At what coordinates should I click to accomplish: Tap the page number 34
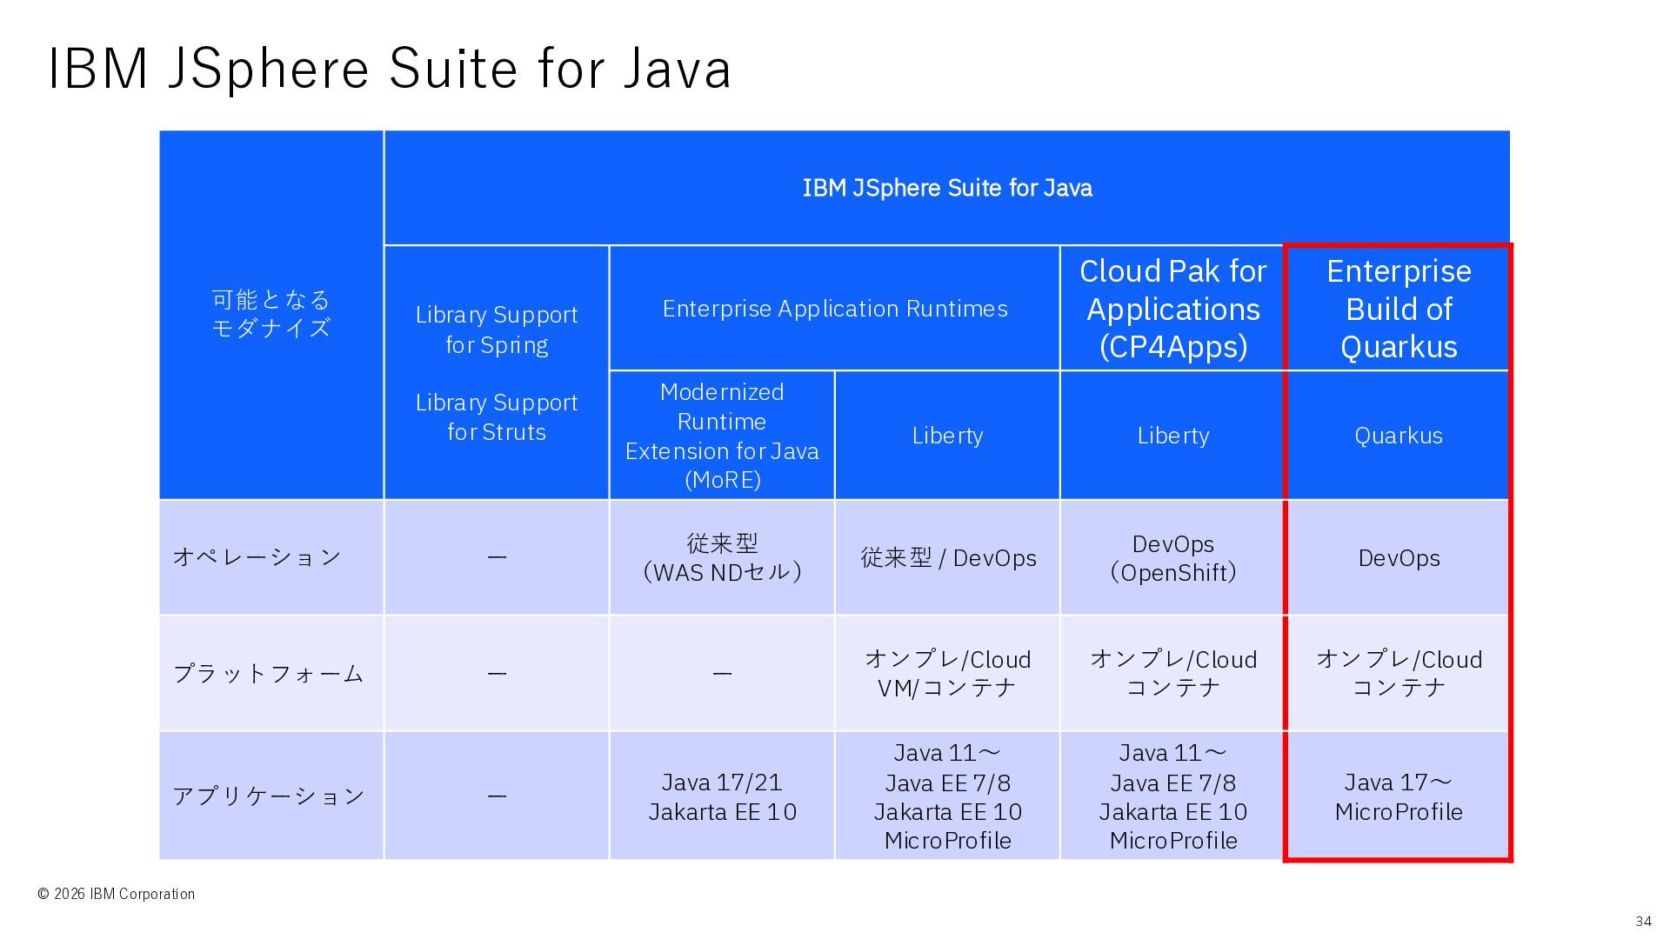tap(1643, 922)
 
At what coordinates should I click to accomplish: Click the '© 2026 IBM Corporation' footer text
tap(116, 894)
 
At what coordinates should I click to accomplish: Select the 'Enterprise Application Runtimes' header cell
tap(835, 309)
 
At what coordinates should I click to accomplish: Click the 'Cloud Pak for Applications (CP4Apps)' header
tap(1172, 309)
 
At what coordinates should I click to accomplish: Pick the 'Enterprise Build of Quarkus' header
tap(1399, 309)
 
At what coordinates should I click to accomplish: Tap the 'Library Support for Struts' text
tap(497, 417)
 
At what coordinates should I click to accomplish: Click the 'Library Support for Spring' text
tap(497, 330)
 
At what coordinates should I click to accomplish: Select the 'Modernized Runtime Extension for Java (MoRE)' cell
tap(722, 436)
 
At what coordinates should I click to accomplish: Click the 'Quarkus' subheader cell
tap(1399, 436)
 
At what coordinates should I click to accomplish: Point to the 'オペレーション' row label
tap(257, 556)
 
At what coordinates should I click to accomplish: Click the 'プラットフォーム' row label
tap(268, 673)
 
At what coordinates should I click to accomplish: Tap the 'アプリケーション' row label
tap(268, 796)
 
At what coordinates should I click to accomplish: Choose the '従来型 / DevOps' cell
tap(948, 558)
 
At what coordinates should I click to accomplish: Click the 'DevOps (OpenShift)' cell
tap(1172, 558)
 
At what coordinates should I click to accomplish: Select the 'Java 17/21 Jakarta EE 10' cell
tap(722, 796)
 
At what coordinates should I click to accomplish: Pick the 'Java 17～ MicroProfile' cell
tap(1399, 796)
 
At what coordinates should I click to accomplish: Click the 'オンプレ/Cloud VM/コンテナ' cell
tap(948, 673)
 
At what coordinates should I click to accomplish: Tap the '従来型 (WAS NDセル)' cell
tap(722, 557)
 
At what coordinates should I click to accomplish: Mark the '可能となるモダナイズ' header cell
tap(271, 314)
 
